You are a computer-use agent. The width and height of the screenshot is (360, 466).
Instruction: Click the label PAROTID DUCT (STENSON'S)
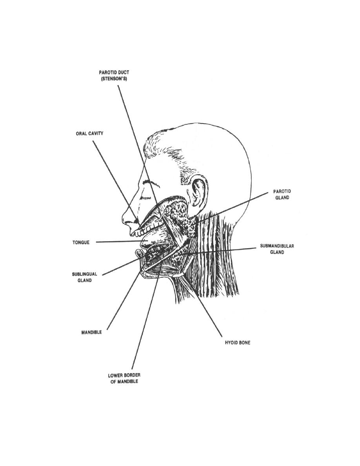114,75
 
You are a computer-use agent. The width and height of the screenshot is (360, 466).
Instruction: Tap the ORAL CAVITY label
90,133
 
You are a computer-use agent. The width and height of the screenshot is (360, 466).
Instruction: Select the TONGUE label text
81,242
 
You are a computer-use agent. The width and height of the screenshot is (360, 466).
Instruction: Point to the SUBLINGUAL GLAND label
85,277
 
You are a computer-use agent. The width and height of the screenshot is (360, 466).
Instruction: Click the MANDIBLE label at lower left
91,332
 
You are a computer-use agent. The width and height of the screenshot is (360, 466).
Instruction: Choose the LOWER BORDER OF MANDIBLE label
124,378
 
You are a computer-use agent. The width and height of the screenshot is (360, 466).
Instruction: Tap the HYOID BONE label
238,343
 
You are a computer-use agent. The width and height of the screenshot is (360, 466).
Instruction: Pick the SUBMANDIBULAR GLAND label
277,249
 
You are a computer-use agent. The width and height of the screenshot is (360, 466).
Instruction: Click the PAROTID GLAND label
282,194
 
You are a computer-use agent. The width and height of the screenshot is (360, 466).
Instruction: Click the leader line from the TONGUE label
118,242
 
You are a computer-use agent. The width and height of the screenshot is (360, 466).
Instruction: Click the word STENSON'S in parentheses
114,79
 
